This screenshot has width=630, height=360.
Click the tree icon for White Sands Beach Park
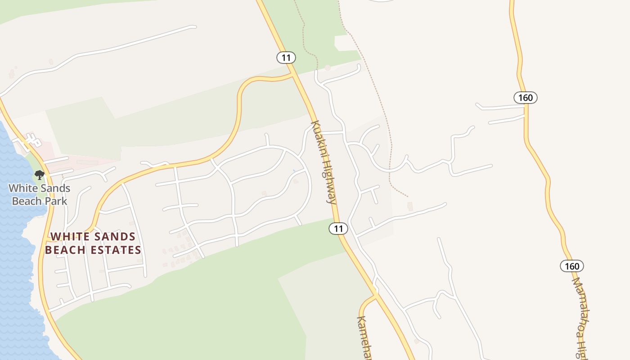(x=40, y=175)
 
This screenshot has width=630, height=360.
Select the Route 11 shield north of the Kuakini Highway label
(x=286, y=58)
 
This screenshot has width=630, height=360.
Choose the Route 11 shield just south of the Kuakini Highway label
(x=338, y=229)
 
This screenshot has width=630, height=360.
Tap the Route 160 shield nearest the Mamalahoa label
(x=571, y=266)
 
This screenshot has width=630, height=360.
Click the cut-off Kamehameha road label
(x=364, y=337)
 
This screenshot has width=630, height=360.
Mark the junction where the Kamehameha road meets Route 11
(x=376, y=295)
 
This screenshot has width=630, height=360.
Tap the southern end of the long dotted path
(x=408, y=196)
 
